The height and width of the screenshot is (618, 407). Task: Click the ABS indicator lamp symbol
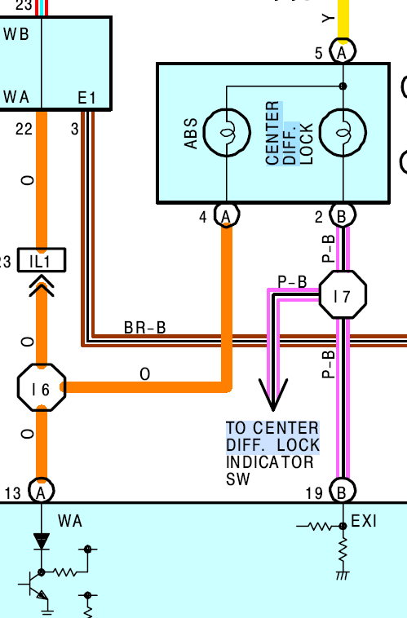[x=227, y=132]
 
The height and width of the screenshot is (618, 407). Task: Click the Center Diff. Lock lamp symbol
[x=343, y=132]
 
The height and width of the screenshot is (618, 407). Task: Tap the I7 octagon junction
[x=343, y=294]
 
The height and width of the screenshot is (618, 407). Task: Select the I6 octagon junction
[x=42, y=387]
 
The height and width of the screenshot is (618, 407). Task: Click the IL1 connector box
[x=42, y=260]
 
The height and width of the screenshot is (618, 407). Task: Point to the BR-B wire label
[x=144, y=328]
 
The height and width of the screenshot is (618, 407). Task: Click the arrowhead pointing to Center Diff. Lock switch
[x=273, y=394]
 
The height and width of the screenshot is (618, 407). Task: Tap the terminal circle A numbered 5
[x=343, y=51]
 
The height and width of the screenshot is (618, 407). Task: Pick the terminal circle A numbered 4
[x=227, y=215]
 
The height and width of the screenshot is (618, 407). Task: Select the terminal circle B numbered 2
[x=343, y=215]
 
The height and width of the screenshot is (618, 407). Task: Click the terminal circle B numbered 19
[x=343, y=491]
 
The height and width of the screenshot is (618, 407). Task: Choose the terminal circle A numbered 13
[x=42, y=491]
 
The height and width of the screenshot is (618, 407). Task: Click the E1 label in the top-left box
[x=86, y=98]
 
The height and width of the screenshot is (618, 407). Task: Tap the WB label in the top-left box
[x=16, y=34]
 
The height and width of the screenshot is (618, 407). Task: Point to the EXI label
[x=364, y=521]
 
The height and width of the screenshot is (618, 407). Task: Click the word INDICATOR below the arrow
[x=270, y=462]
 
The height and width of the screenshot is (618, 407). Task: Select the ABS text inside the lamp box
[x=191, y=133]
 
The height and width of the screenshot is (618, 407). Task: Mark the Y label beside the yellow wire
[x=328, y=18]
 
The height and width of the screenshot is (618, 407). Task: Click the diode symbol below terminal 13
[x=42, y=541]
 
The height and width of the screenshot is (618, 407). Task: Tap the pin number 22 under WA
[x=24, y=129]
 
